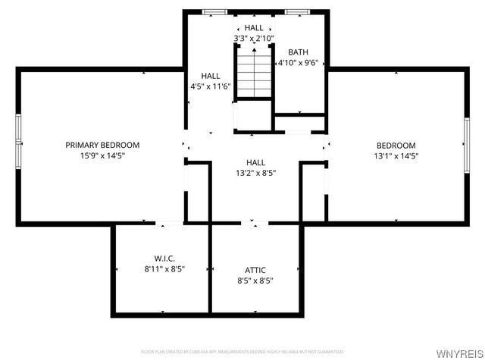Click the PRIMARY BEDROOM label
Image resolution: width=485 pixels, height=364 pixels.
pos(102,145)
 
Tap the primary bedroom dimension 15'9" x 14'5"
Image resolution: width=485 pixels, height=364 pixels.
pos(102,155)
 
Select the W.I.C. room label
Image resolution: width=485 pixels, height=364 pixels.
pos(164,259)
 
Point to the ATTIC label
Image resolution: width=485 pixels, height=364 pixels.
pos(255,270)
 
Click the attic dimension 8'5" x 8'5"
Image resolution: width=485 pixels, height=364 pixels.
pos(255,281)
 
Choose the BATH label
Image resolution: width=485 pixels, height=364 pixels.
pos(298,52)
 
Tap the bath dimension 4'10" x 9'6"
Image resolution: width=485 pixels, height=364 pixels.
pos(298,63)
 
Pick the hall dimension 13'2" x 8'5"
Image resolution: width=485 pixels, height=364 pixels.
pos(255,173)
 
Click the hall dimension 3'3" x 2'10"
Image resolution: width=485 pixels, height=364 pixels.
pos(254,38)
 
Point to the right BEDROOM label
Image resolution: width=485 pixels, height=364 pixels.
pos(396,146)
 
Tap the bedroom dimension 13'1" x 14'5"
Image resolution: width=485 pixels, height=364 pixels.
pos(396,156)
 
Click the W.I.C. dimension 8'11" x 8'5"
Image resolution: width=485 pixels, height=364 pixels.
pos(164,268)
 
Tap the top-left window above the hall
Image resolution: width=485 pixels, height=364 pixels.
pos(215,12)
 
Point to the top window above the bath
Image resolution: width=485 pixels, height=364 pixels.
pos(296,12)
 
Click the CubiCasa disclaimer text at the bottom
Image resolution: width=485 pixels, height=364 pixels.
pos(242,352)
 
